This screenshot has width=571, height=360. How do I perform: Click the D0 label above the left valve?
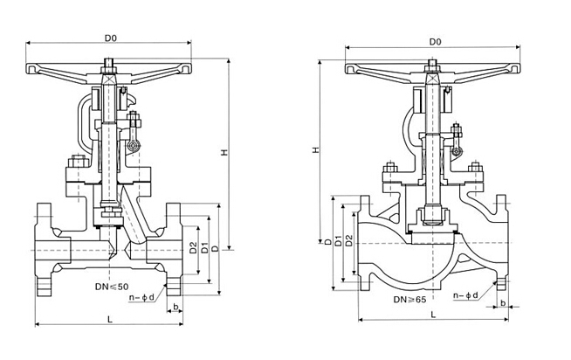click(x=111, y=38)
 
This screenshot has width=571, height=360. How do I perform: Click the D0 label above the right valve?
click(x=435, y=42)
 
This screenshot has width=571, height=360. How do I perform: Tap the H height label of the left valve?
click(x=225, y=152)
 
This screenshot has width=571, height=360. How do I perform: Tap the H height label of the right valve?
click(x=316, y=149)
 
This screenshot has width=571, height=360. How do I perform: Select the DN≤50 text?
click(x=112, y=287)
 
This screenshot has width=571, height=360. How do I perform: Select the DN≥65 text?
click(x=409, y=300)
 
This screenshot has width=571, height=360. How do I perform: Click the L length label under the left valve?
click(x=110, y=319)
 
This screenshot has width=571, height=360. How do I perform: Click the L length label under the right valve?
click(x=433, y=315)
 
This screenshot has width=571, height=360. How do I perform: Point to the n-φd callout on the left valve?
click(x=141, y=298)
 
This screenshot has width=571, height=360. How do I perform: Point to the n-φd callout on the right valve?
click(x=465, y=295)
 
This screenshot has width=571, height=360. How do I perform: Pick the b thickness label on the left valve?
click(x=175, y=307)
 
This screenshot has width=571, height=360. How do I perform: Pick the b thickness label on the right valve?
click(x=503, y=303)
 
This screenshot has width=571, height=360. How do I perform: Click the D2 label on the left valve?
click(x=193, y=248)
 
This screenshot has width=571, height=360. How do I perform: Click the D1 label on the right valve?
click(x=338, y=241)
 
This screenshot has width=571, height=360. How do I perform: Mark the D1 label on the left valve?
click(x=204, y=248)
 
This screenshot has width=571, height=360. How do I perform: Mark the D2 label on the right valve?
click(x=349, y=241)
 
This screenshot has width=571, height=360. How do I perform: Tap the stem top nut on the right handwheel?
click(x=432, y=66)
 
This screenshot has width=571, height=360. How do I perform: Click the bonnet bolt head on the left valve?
click(x=78, y=161)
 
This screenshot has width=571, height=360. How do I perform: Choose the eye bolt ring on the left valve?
click(x=134, y=147)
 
